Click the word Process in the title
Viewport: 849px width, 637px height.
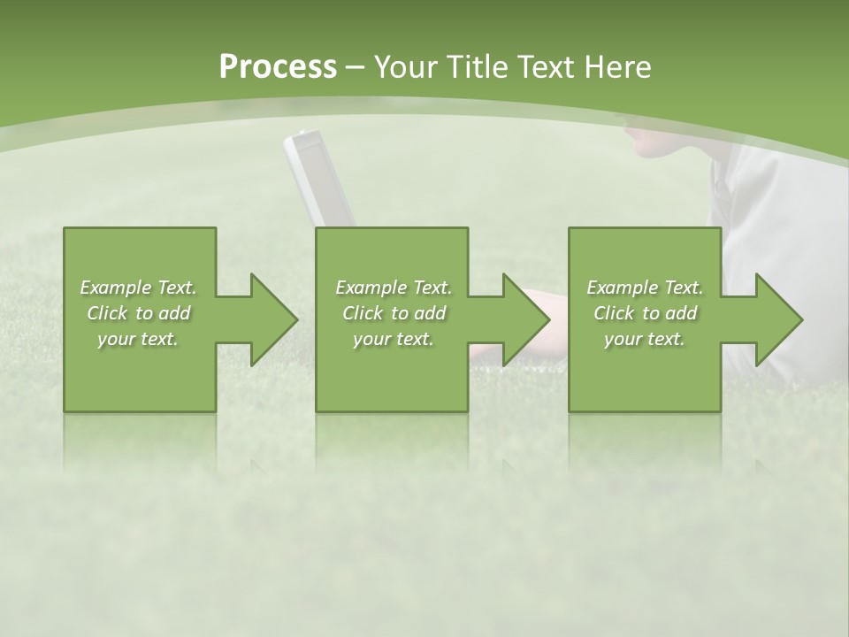click(x=278, y=67)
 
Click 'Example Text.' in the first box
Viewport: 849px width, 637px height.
click(x=138, y=288)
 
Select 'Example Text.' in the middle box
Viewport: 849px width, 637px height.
click(x=394, y=288)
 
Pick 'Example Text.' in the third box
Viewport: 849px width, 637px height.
click(x=645, y=288)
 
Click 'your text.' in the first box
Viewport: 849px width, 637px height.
click(x=138, y=339)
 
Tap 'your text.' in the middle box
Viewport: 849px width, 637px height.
click(x=394, y=339)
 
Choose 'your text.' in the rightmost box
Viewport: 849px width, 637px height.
click(x=645, y=339)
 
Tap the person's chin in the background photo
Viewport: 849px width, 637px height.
click(x=644, y=146)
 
